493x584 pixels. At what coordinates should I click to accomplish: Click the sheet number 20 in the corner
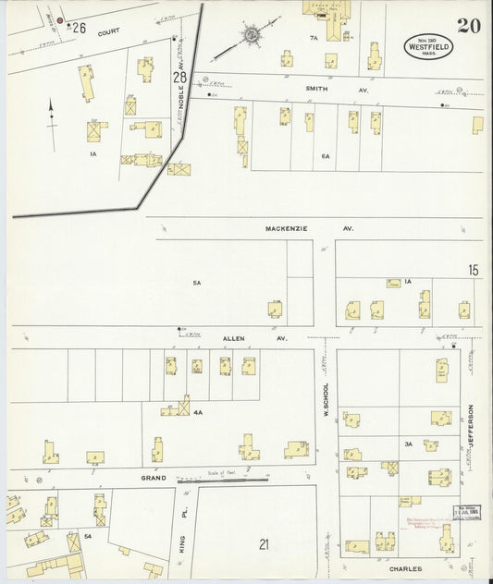point(468,26)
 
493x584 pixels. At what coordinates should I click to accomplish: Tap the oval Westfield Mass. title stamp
point(426,47)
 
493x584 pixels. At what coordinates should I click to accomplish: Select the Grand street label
point(154,478)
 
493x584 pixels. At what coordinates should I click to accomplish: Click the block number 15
point(473,270)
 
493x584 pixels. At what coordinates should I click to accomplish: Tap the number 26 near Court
point(79,29)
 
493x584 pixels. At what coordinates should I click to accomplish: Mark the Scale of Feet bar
point(222,480)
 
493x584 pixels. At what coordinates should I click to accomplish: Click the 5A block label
point(196,283)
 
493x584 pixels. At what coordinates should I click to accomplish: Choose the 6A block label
point(326,157)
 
